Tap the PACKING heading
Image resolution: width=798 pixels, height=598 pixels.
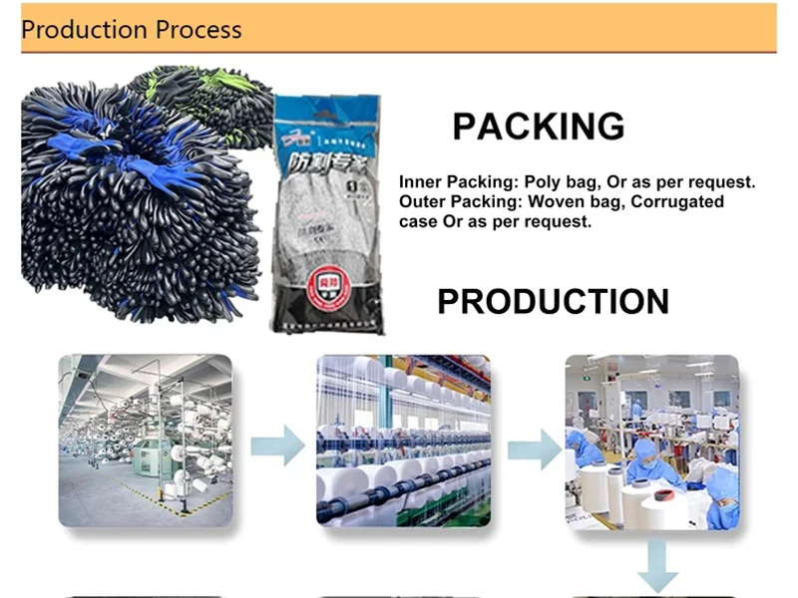coord(539,127)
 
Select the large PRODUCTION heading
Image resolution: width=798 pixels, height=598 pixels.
coord(553,301)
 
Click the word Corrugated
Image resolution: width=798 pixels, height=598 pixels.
coord(677,202)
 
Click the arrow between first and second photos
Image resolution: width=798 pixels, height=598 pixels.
coord(277,445)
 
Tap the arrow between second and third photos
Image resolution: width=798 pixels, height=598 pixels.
coord(534,448)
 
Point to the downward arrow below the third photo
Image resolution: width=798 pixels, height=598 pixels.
coord(658,566)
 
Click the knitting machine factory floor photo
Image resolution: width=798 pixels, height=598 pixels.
coord(146,441)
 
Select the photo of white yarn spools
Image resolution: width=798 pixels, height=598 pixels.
coord(403,441)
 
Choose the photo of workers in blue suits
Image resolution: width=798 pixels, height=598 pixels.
coord(651,441)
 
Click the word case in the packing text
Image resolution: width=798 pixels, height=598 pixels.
coord(418,221)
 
